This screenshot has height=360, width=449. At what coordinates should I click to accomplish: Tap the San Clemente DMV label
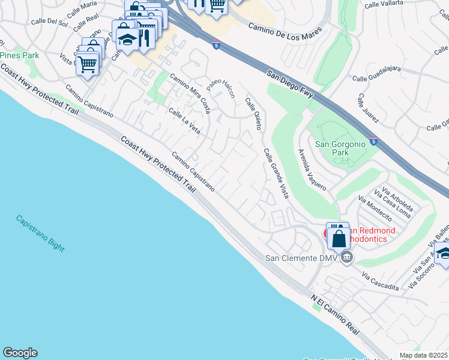click(302, 259)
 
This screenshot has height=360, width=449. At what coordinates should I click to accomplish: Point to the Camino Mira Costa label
click(189, 89)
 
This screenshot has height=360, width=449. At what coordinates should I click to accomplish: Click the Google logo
click(20, 353)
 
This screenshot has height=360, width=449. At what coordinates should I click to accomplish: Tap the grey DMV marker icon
click(347, 258)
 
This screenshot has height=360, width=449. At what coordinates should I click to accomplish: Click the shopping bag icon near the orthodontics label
click(339, 238)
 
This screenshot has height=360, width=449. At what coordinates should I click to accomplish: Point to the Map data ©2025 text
click(423, 355)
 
